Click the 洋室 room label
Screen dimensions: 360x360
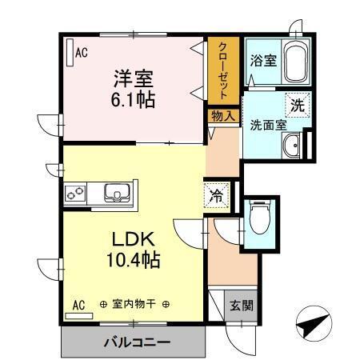click(x=132, y=79)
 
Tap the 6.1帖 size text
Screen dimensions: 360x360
click(x=133, y=101)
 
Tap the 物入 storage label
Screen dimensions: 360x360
click(x=223, y=115)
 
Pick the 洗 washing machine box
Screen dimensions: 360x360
click(x=297, y=104)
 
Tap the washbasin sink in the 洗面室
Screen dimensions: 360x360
click(x=291, y=146)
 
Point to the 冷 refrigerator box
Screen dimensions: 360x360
click(x=217, y=194)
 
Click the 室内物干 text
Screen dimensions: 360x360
click(x=135, y=305)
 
